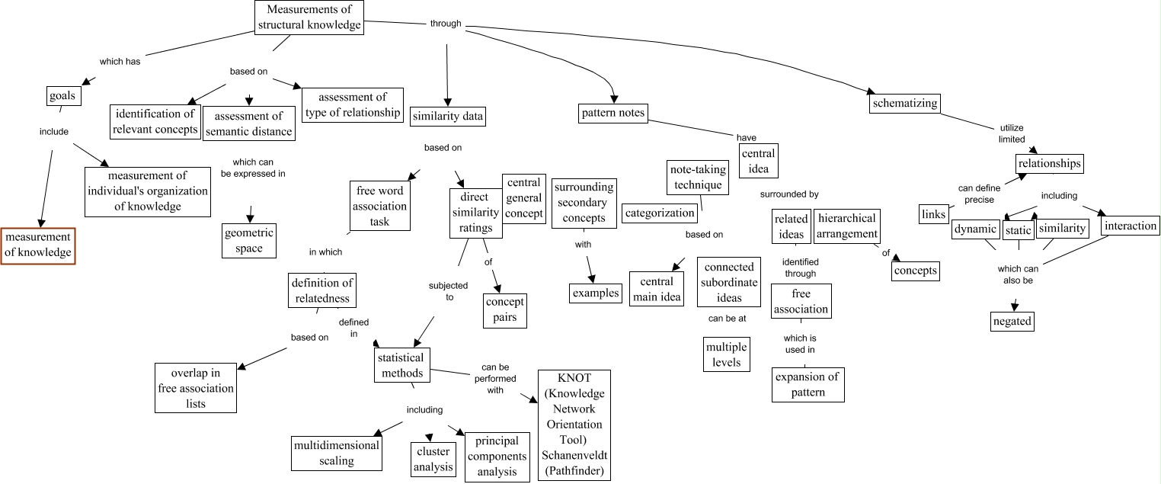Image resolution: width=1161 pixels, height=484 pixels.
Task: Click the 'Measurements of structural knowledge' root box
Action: click(309, 18)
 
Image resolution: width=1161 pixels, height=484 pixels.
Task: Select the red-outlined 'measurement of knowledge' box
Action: click(38, 245)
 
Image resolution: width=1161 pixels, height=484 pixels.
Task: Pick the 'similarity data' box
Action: click(448, 116)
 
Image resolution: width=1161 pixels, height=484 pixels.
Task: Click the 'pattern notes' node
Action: click(612, 114)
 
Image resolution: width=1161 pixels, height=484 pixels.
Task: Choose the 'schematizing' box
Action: click(904, 102)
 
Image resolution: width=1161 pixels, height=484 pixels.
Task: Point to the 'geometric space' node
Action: click(249, 240)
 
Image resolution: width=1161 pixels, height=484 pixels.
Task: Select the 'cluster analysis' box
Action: click(433, 459)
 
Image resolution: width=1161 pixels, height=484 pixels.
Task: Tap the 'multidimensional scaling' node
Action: click(336, 453)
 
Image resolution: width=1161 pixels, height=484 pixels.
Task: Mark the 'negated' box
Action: click(1012, 321)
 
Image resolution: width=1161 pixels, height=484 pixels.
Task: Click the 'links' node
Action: click(933, 214)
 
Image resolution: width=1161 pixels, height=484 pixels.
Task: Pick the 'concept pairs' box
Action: click(505, 309)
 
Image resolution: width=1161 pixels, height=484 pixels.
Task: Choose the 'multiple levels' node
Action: click(726, 354)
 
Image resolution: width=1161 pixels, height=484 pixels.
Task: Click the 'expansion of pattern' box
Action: click(808, 384)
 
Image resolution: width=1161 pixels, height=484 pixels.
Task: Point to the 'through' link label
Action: click(446, 24)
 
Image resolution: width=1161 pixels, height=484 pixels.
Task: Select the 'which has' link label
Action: click(120, 62)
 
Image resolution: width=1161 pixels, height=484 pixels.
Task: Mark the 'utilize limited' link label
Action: click(1012, 133)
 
